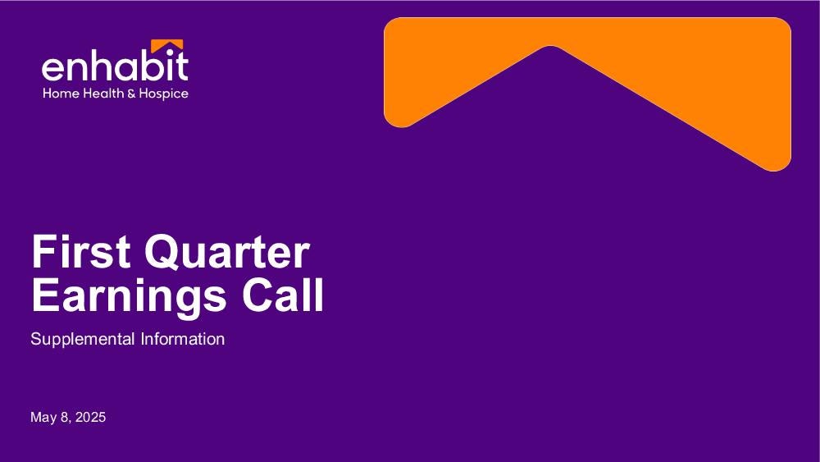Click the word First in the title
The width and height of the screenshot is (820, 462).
point(81,251)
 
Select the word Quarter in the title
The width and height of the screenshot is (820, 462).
point(227,252)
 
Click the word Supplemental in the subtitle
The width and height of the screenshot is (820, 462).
point(83,339)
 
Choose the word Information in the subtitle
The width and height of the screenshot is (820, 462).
point(183,339)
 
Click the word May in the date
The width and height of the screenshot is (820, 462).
point(43,418)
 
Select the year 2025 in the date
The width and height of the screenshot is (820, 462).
point(90,417)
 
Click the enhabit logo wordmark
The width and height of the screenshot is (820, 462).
point(115,66)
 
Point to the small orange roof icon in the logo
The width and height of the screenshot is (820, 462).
point(166,46)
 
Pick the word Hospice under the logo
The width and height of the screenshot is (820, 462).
point(163,94)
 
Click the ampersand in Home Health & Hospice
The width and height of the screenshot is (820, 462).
point(131,94)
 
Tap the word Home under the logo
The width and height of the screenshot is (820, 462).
point(61,94)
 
